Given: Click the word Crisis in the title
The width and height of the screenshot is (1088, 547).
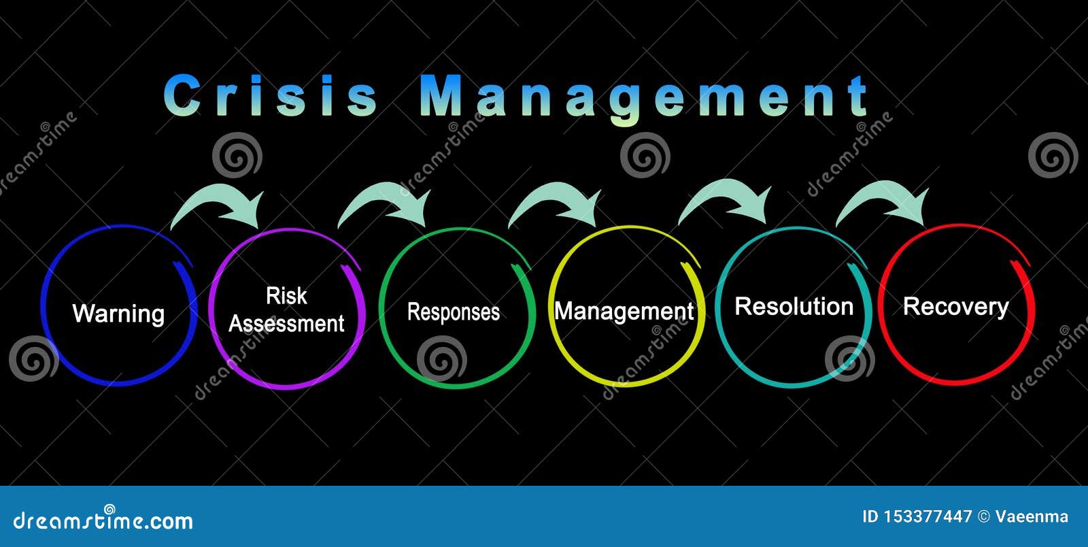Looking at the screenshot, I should pyautogui.click(x=271, y=96).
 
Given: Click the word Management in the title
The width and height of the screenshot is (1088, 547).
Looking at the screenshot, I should pyautogui.click(x=645, y=97).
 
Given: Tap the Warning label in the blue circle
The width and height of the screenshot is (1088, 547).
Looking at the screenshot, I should pyautogui.click(x=118, y=314).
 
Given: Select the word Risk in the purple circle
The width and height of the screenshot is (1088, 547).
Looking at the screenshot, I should pyautogui.click(x=286, y=296).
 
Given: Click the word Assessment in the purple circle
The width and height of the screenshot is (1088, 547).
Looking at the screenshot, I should pyautogui.click(x=286, y=324).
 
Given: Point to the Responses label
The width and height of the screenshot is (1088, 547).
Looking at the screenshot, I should pyautogui.click(x=453, y=312).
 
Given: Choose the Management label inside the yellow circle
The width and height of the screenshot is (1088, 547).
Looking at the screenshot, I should pyautogui.click(x=624, y=312).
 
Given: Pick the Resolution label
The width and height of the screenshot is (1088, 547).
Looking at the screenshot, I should pyautogui.click(x=794, y=307).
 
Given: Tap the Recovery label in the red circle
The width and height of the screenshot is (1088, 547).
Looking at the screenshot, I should pyautogui.click(x=955, y=307).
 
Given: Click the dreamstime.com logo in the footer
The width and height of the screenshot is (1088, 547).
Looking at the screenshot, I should pyautogui.click(x=103, y=520).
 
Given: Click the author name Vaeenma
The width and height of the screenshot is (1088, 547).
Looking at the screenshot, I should pyautogui.click(x=1032, y=517).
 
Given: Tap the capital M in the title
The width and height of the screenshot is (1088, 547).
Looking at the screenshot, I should pyautogui.click(x=441, y=96).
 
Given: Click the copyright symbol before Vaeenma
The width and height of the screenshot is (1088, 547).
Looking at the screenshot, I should pyautogui.click(x=983, y=517).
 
